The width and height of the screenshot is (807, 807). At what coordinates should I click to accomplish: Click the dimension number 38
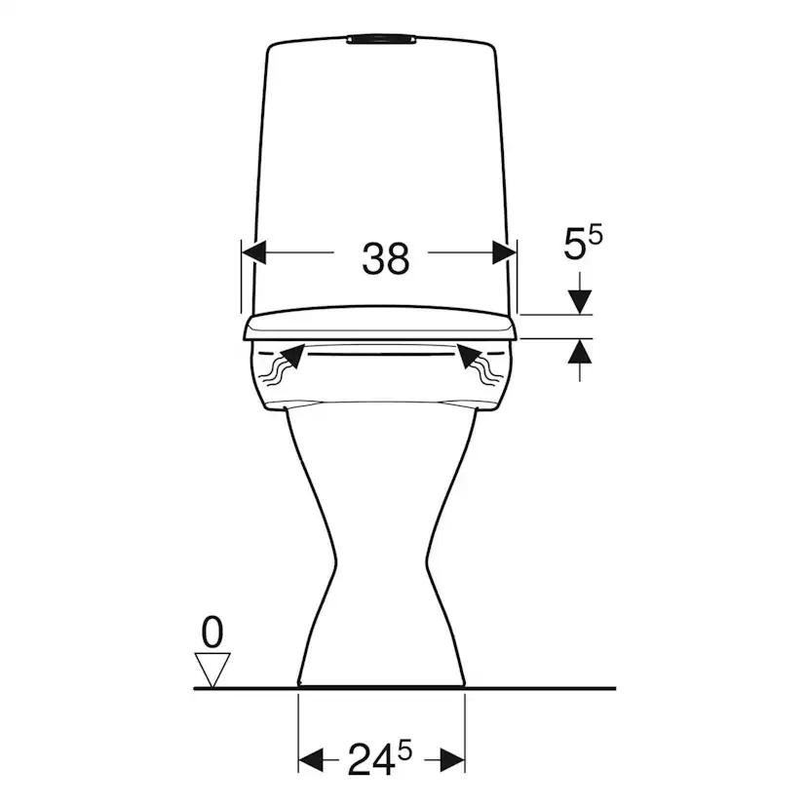(386, 258)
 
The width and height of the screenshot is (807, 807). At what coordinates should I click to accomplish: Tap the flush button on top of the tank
(381, 39)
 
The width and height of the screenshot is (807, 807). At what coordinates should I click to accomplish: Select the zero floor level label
(212, 632)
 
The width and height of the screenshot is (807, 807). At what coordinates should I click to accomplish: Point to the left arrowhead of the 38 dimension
(254, 252)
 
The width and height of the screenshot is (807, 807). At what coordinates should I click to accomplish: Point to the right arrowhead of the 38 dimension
(504, 252)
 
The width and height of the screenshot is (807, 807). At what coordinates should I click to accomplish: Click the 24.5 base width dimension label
(380, 758)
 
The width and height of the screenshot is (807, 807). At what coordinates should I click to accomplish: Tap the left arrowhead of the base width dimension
(311, 760)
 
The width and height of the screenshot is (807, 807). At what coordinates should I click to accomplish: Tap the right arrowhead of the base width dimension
(452, 760)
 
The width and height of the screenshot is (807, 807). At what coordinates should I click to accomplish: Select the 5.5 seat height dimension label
(583, 243)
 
